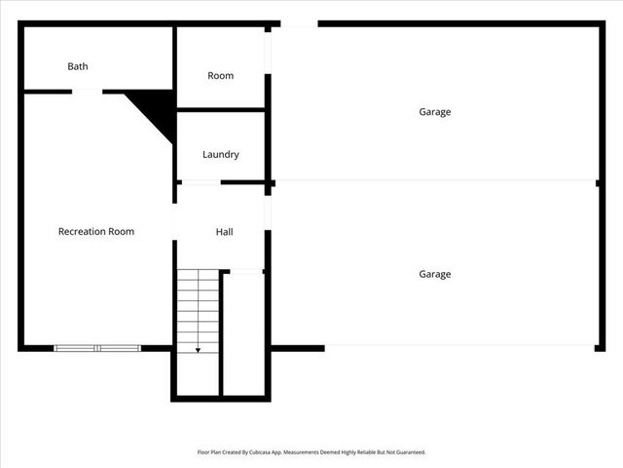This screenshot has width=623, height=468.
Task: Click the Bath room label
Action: pos(78,66)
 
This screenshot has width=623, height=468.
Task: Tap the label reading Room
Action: pos(221,76)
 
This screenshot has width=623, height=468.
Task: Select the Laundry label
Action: pos(221,154)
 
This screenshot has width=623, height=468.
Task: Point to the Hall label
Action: pos(224,232)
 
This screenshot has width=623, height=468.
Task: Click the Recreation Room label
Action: pos(96,231)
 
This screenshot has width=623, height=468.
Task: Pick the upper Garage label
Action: pos(435,112)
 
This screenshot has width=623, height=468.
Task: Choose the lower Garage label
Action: pos(435,274)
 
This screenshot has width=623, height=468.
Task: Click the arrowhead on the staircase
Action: pos(199,348)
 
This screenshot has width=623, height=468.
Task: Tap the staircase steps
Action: pos(199,307)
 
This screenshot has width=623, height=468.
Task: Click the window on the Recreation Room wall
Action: pos(97,348)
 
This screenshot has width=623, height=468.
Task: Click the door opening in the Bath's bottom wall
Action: pos(87,92)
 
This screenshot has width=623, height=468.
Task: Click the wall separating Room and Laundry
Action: pos(221,109)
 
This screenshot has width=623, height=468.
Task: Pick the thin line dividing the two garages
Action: pos(435,180)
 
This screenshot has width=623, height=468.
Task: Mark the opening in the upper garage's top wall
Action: pos(300,23)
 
